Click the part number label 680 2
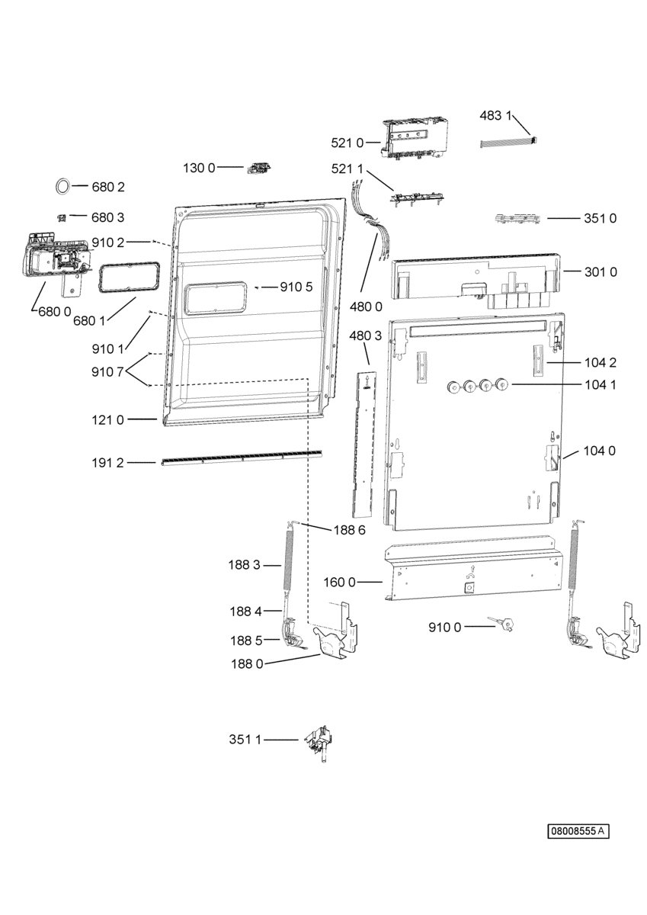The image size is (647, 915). point(107,187)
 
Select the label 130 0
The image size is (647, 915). point(199,168)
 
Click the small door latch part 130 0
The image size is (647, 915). point(259,168)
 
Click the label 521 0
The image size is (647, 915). point(347,143)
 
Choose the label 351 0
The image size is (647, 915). point(600,218)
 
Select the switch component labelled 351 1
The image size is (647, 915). point(319,742)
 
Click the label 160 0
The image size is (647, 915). point(340,582)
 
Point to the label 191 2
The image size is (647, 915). point(107,463)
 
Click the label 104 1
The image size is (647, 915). point(601,384)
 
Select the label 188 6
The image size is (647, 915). point(350,530)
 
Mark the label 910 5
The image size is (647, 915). point(296,287)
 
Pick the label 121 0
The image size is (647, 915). point(107,419)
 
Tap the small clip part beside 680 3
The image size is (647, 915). point(61,218)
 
